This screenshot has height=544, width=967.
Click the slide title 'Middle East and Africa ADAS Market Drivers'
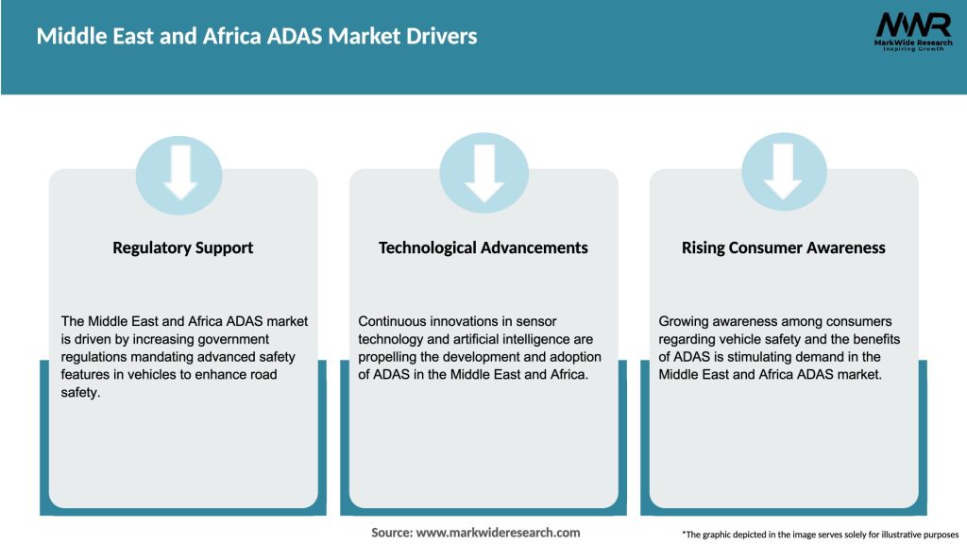(x=257, y=36)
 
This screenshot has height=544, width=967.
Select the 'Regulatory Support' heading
(x=183, y=247)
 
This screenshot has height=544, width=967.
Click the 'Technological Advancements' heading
(x=483, y=247)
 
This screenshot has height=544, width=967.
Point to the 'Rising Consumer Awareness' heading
(x=784, y=247)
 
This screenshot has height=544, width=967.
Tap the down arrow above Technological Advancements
(x=483, y=171)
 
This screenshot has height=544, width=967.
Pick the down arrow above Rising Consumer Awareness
(x=784, y=171)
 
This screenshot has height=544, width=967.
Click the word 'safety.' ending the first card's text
(x=80, y=392)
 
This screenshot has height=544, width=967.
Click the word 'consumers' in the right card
(x=859, y=321)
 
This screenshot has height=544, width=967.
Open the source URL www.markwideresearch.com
(x=499, y=533)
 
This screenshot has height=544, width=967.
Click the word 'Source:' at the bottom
(x=392, y=533)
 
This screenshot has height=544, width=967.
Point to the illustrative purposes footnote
(x=820, y=535)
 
